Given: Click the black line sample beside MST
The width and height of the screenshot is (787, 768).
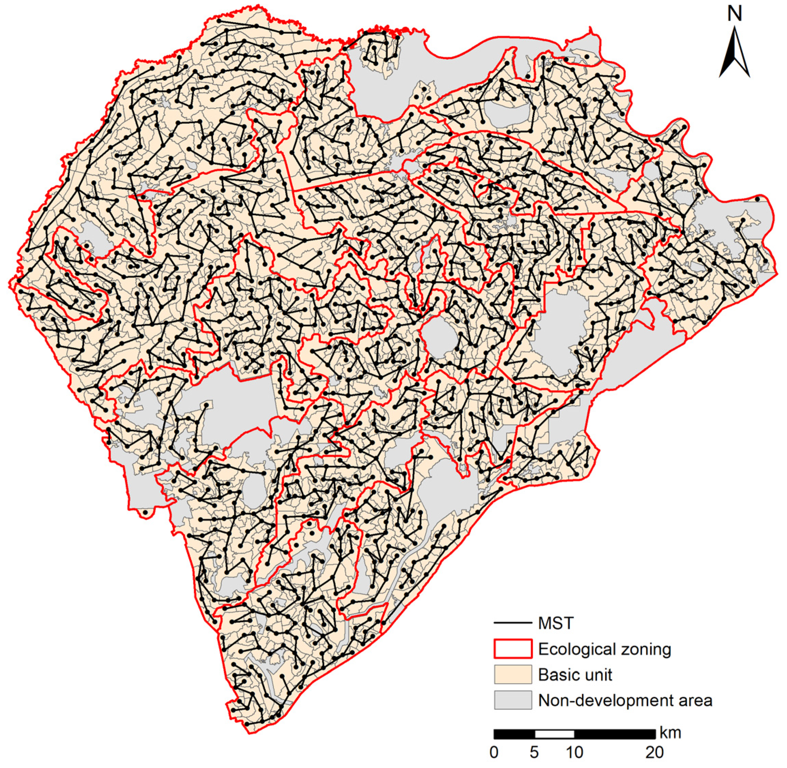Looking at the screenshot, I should click(513, 624).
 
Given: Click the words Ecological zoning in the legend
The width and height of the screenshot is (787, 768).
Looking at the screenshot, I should click(605, 649).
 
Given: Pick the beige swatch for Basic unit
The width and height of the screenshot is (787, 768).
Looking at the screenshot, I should click(513, 674).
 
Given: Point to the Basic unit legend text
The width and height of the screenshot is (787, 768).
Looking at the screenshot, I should click(575, 674).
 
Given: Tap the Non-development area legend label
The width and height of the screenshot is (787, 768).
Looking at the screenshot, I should click(625, 700).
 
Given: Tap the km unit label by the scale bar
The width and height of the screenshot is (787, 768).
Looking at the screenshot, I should click(670, 732).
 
